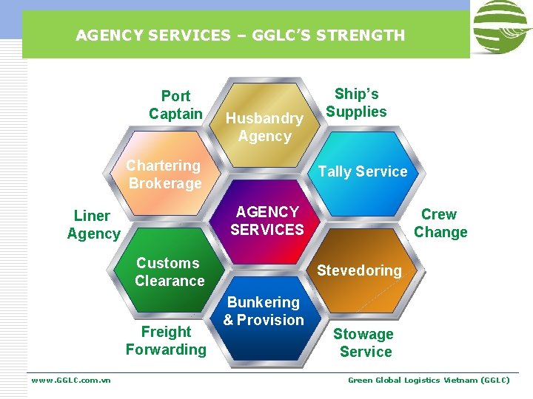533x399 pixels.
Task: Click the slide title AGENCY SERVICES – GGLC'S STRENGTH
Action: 240,35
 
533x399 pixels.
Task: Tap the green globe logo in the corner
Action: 501,27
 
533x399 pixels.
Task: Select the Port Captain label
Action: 175,105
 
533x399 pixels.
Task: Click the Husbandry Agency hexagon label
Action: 264,127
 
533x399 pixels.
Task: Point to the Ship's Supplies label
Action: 356,103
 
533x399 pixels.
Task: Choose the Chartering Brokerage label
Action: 164,174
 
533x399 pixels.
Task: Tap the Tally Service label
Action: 363,171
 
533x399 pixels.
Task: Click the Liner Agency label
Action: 93,225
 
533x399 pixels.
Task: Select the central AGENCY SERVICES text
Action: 266,221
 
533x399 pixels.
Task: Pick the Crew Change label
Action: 440,223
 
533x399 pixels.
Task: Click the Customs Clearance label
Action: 169,272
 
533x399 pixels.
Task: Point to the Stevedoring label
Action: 359,270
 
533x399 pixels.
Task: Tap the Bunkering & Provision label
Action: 264,311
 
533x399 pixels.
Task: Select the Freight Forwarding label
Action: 166,341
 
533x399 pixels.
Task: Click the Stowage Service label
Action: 364,344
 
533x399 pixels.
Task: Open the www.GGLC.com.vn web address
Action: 71,380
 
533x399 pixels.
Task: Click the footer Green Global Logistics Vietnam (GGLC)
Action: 429,380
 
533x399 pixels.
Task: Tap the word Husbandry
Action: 264,118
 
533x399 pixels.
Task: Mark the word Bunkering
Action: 264,302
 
